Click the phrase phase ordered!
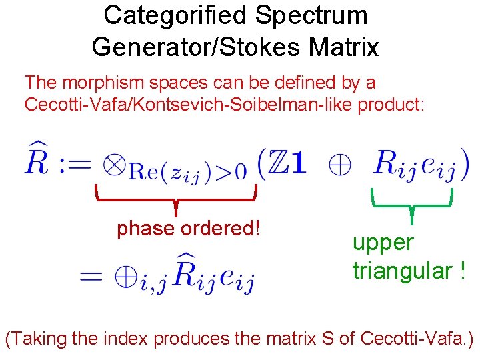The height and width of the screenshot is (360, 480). tap(188, 229)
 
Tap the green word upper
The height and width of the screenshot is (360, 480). tap(383, 243)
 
